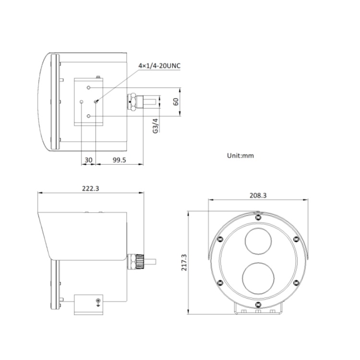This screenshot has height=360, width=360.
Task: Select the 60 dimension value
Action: point(176,102)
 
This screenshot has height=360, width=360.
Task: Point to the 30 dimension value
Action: point(88,160)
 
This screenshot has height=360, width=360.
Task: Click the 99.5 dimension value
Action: point(119,160)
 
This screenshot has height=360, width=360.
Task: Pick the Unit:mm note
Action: point(240,156)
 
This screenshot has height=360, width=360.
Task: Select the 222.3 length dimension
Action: point(90,189)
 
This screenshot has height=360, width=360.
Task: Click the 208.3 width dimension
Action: point(258,195)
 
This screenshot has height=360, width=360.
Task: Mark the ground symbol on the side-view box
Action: point(98,302)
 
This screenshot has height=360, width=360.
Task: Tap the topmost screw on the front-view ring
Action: point(258,216)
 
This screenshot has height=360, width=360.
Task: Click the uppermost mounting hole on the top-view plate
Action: point(89,87)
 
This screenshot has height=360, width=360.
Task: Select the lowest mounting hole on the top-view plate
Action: point(89,116)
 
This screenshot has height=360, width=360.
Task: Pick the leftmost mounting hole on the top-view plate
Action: point(82,102)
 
